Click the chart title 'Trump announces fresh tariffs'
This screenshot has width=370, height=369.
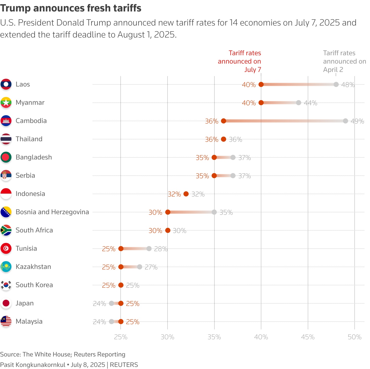point(71,8)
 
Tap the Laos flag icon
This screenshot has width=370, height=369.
point(6,84)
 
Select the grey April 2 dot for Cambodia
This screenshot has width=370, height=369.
point(346,121)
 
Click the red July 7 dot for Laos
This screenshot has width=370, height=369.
point(261,84)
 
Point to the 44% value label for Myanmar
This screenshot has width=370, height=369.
point(311,103)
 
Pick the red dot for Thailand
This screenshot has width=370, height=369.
point(224,139)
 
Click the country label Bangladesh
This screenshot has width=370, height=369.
point(34,157)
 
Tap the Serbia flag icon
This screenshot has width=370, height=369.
point(6,175)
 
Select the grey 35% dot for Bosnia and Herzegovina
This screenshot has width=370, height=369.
point(214,212)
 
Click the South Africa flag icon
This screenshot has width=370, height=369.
point(6,230)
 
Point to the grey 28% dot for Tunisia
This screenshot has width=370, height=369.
point(149,249)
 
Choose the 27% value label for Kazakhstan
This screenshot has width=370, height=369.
point(151,267)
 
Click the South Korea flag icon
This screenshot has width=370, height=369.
point(6,285)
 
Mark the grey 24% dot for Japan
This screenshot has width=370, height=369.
point(112,303)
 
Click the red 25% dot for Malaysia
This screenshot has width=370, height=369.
point(121,322)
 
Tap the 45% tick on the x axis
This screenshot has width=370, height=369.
point(308,337)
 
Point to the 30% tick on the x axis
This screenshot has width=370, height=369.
point(168,337)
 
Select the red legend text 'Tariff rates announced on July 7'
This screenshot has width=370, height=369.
point(239,61)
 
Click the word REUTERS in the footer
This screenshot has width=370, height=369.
point(124,365)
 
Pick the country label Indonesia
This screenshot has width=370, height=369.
point(30,194)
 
